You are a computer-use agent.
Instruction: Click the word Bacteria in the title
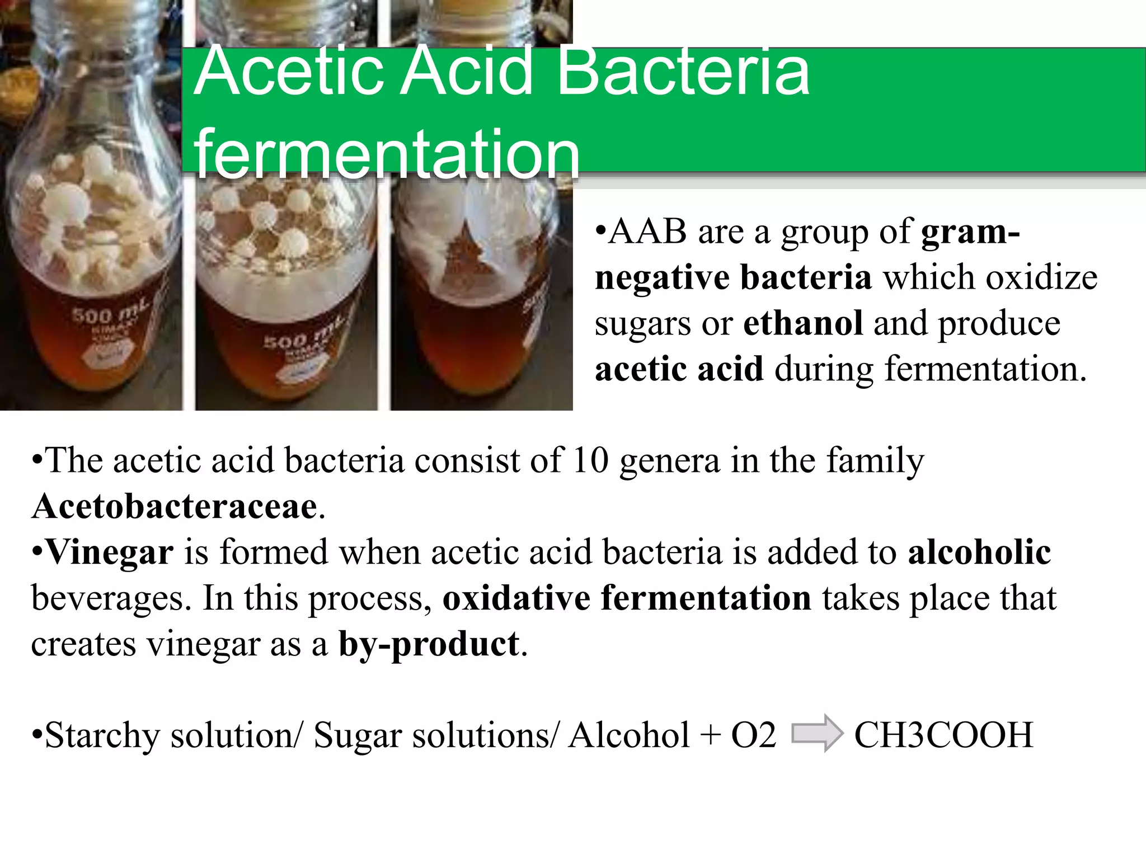[683, 73]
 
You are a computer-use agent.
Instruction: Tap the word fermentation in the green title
[386, 154]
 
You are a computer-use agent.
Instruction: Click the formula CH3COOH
[943, 735]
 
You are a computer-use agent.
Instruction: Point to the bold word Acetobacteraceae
[175, 507]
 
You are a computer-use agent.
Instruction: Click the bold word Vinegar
[110, 553]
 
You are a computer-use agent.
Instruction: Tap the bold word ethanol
[803, 324]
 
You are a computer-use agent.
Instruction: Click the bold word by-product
[429, 644]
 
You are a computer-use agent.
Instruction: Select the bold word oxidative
[516, 598]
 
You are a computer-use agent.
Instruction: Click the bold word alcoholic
[979, 553]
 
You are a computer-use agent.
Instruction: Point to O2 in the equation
[753, 735]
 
